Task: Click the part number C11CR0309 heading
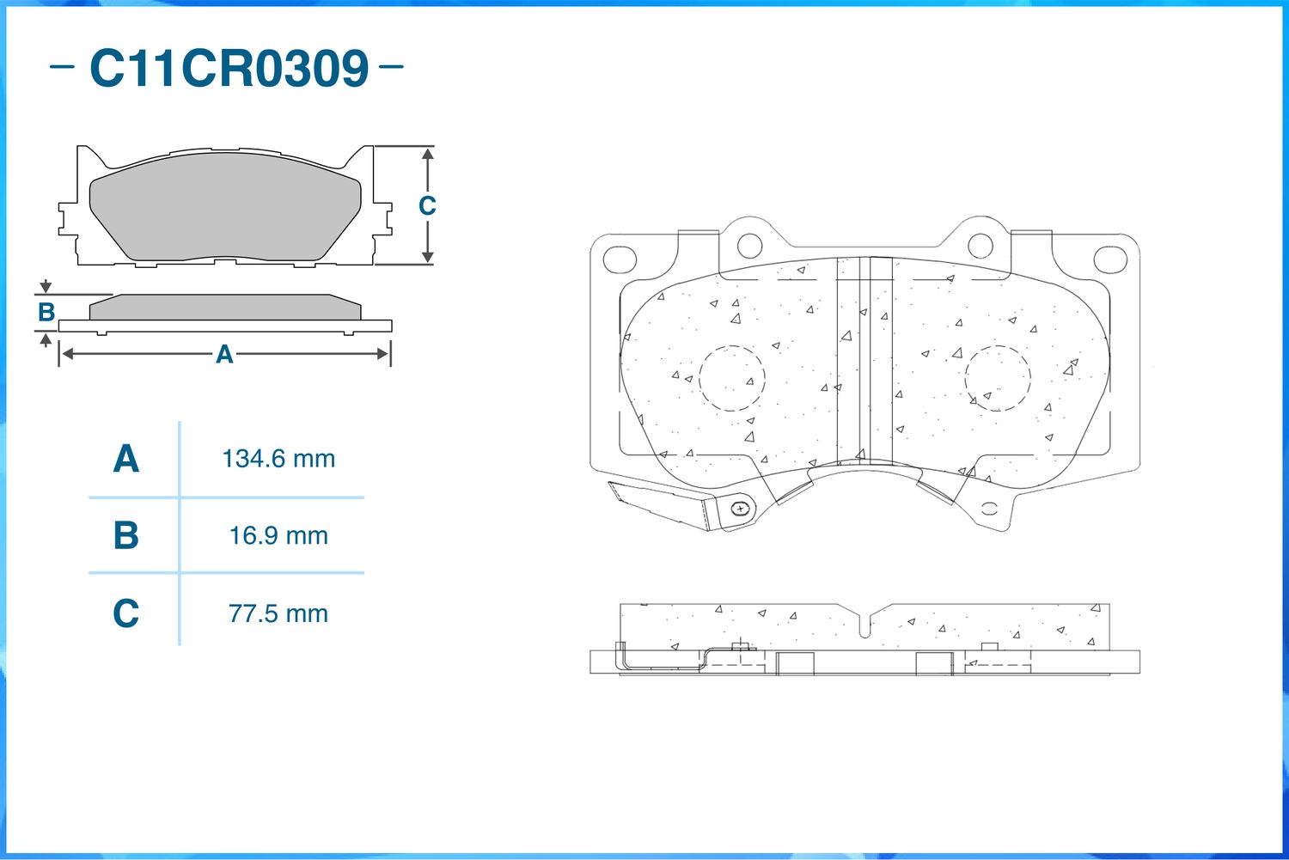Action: point(229,69)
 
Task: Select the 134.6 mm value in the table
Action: point(278,459)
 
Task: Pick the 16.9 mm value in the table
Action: point(278,536)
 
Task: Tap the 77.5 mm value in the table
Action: point(278,613)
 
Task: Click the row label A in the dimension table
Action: point(125,459)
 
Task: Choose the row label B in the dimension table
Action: point(125,536)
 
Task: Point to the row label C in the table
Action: point(125,613)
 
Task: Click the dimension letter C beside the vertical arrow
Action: point(427,206)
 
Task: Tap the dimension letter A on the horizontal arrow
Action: point(224,354)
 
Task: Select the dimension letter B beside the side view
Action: point(46,312)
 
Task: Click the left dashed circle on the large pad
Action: point(731,378)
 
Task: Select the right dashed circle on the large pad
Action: point(998,378)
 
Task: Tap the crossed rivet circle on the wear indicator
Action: point(739,509)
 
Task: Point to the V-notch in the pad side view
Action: point(866,625)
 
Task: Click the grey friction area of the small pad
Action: point(225,206)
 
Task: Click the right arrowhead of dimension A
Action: point(383,354)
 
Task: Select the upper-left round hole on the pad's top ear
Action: point(749,245)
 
